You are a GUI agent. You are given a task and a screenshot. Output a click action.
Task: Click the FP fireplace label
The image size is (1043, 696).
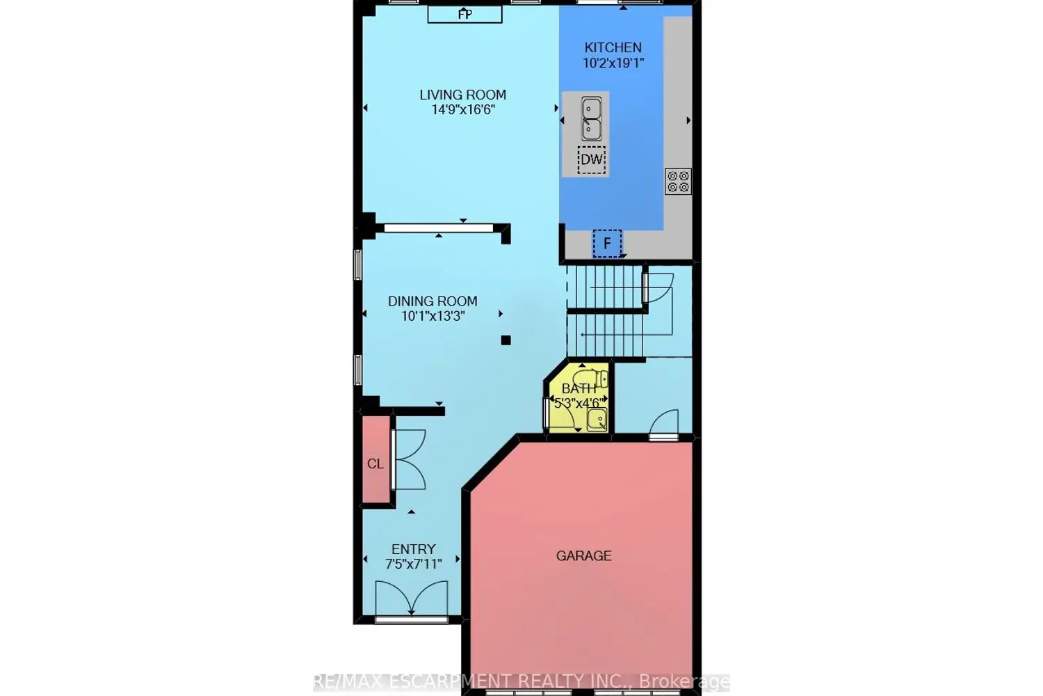pos(464,14)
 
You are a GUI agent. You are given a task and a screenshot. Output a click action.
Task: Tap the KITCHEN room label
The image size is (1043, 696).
pos(613,47)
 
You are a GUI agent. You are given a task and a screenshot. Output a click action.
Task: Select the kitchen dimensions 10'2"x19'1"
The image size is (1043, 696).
pos(613,63)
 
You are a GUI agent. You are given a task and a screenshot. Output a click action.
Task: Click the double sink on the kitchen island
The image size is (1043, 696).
pos(591,119)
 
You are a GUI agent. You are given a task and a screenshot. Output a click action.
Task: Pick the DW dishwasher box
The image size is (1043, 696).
pos(591,160)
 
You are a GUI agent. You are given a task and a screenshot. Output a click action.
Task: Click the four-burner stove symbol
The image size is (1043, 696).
pos(678,182)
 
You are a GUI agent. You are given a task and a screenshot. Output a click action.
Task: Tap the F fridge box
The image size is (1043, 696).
pos(607,244)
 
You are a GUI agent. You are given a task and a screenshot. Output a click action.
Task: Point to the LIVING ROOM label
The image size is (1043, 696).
pos(463,95)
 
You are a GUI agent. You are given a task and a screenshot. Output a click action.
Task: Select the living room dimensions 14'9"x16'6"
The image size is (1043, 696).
pos(463,110)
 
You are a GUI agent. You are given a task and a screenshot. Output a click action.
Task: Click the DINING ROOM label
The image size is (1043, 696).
pos(432,301)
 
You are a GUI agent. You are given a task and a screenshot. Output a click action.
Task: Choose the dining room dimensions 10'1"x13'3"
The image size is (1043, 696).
pos(433,317)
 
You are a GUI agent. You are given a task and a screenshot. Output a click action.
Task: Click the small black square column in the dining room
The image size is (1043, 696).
pos(506,340)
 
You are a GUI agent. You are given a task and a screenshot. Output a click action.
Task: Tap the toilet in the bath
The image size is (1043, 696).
pos(590,378)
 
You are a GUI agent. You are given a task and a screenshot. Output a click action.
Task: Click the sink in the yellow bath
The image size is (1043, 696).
pos(597,419)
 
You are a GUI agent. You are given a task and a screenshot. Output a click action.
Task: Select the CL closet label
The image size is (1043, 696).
pos(375,464)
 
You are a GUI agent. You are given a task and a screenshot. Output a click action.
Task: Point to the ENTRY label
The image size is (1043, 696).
pos(414,549)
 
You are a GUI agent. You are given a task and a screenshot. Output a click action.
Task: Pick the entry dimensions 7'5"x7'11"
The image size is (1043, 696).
pos(414,564)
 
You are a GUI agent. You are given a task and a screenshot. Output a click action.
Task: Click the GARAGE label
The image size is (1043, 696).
pos(584,555)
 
